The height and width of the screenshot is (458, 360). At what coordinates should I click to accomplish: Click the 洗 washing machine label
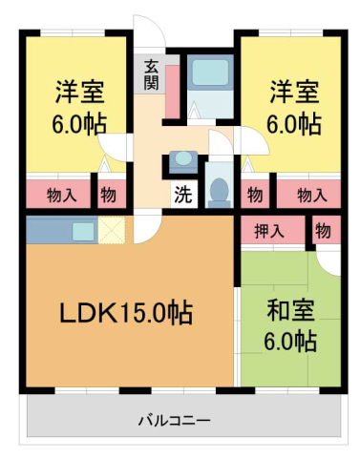pos(180,195)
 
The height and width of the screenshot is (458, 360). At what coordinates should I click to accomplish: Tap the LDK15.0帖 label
pos(127,312)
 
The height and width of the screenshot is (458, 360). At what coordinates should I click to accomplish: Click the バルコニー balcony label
pos(174,420)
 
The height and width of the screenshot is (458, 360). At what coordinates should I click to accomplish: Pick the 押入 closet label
pos(269,230)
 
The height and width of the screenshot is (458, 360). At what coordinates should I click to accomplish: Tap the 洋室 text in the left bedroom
pos(78,94)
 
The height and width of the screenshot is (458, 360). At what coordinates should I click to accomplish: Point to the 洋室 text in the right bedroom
pos(292,94)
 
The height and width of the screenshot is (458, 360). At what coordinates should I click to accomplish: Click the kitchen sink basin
pos(82,230)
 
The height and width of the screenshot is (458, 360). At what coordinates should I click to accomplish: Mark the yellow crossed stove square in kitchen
pos(113,230)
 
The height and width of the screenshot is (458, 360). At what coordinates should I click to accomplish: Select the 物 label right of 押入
pos(323,230)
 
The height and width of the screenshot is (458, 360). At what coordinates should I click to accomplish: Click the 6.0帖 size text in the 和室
pos(291,341)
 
